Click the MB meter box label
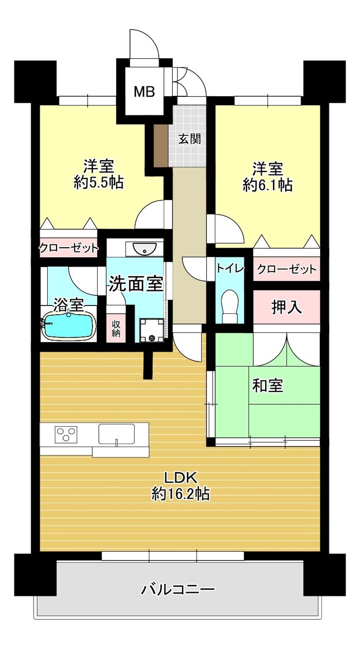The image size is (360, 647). click(x=144, y=91)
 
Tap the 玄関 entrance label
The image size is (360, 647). click(x=189, y=139)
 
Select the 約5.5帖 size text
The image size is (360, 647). click(x=99, y=182)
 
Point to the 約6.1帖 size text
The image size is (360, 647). click(x=268, y=185)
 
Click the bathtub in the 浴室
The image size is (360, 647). click(x=69, y=326)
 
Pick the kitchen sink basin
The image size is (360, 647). click(x=116, y=434)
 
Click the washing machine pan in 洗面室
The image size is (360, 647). click(x=152, y=330)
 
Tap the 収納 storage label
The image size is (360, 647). click(x=116, y=328)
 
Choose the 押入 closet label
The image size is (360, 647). click(x=287, y=306)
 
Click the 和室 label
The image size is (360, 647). click(x=268, y=385)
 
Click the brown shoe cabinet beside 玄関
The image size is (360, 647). click(x=161, y=145)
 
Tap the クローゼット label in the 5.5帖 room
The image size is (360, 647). click(x=69, y=248)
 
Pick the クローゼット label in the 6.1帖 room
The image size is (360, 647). click(x=287, y=269)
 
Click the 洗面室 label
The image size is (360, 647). click(x=136, y=284)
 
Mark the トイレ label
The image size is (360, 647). click(x=230, y=269)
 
